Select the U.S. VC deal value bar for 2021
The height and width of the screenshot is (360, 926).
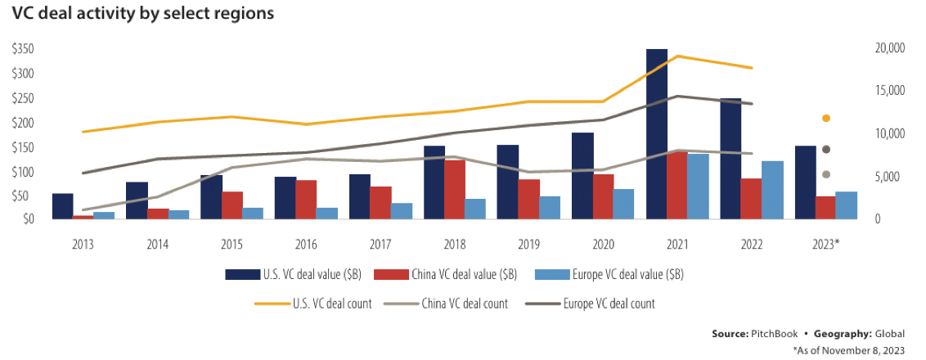pyautogui.click(x=656, y=135)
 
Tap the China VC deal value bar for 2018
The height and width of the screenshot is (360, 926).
pyautogui.click(x=455, y=190)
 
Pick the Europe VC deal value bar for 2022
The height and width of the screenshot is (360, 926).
pyautogui.click(x=772, y=191)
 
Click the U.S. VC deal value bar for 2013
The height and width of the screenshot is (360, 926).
pyautogui.click(x=62, y=207)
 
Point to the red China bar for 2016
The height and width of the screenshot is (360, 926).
pyautogui.click(x=306, y=200)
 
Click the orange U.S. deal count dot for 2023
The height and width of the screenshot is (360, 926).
pyautogui.click(x=826, y=119)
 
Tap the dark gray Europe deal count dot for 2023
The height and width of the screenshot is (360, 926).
pyautogui.click(x=826, y=150)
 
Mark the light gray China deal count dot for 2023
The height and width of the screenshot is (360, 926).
pyautogui.click(x=826, y=174)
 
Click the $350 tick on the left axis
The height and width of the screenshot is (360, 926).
pyautogui.click(x=23, y=50)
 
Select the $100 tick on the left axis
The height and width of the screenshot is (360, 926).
pyautogui.click(x=23, y=173)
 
